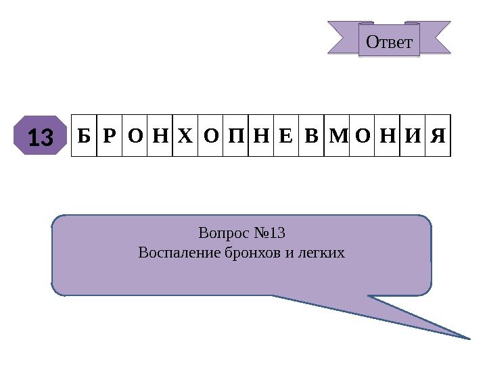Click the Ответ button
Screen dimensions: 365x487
point(388,42)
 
